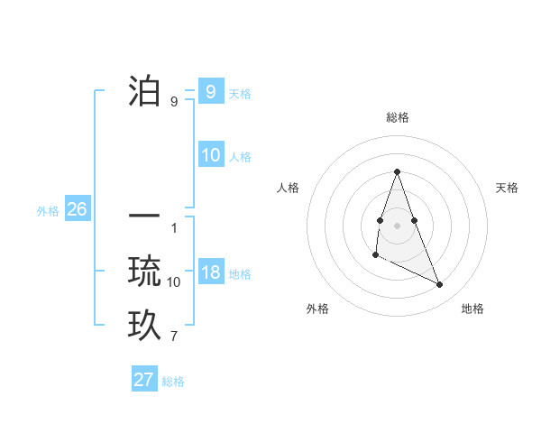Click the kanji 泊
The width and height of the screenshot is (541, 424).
pos(144,91)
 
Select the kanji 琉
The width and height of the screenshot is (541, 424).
pos(144,272)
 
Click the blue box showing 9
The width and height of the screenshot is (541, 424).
pos(210,91)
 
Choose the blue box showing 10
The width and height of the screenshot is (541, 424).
pos(211,155)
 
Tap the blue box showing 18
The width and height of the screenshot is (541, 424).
pos(211,273)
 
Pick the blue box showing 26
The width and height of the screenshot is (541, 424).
pos(77,209)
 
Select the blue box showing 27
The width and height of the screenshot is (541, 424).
pos(144,380)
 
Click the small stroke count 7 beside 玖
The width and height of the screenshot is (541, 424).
pos(173,337)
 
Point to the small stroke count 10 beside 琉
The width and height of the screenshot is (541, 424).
pos(174,282)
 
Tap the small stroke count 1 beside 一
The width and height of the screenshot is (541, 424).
pos(173,227)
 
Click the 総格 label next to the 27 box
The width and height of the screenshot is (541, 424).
pos(173,382)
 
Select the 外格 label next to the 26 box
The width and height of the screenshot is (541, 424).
pos(48,211)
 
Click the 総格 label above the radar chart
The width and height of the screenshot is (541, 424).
pos(398,117)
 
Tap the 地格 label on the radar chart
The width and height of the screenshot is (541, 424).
pos(472,309)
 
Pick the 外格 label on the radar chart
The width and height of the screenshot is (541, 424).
pos(317,309)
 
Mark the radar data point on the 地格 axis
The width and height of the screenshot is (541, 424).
pos(440,285)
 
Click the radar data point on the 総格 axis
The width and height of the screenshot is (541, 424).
pos(397,171)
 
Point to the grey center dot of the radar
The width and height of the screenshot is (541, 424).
pos(397,223)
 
